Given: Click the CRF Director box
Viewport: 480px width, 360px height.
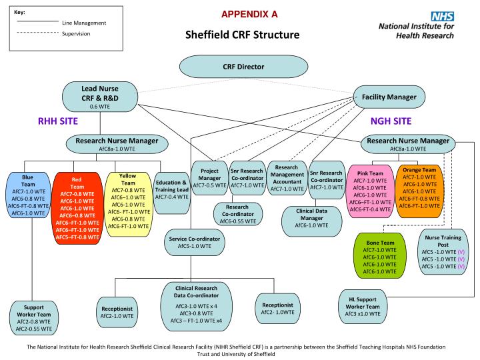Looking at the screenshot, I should (243, 66).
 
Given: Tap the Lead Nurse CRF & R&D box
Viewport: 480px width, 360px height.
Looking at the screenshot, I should (99, 96).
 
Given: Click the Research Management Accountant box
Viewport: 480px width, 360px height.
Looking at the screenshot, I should (285, 179).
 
